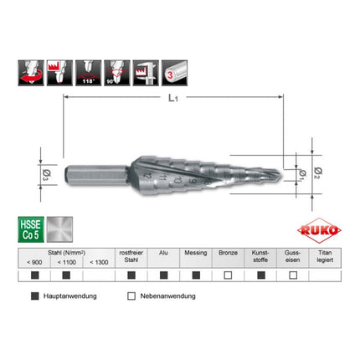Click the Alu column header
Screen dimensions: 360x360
(x=162, y=252)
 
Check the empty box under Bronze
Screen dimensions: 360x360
(x=227, y=275)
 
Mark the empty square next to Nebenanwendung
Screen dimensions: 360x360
(x=131, y=296)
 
